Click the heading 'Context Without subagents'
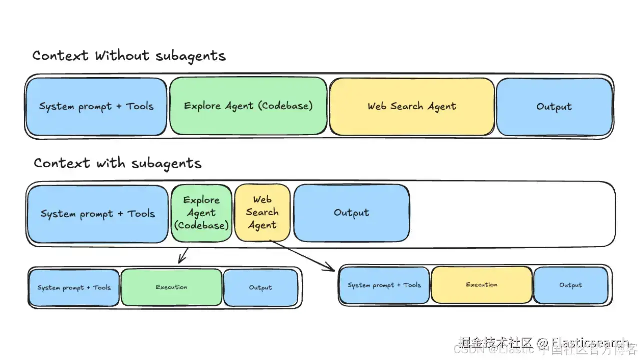click(129, 55)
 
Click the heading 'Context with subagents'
click(117, 163)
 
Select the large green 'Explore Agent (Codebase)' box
click(248, 106)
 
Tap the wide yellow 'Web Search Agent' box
click(412, 106)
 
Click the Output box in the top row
click(554, 107)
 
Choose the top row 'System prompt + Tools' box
click(96, 106)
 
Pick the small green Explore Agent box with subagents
click(201, 213)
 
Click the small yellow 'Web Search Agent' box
click(262, 213)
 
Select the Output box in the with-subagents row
click(351, 213)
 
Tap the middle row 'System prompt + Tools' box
click(98, 214)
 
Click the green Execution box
click(171, 287)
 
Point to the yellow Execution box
click(481, 285)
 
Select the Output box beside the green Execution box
click(260, 288)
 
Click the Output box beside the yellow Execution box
click(570, 285)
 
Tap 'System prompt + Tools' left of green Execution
click(74, 288)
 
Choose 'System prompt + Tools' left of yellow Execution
click(384, 285)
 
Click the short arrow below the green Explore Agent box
click(183, 256)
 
